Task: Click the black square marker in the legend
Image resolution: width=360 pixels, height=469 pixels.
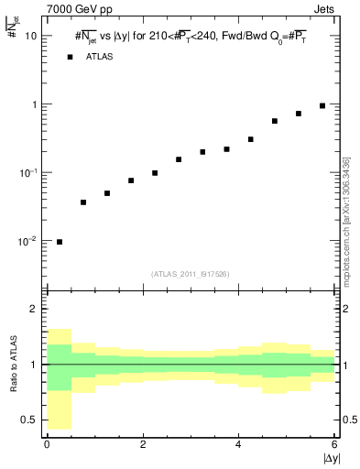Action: point(70,57)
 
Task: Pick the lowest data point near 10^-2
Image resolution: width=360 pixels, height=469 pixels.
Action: point(60,242)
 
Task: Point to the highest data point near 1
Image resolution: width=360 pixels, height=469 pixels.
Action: point(322,105)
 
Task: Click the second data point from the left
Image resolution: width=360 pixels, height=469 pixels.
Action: point(83,202)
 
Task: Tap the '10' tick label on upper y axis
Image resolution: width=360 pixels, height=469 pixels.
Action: point(30,36)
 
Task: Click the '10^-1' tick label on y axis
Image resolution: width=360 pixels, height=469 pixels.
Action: point(27,172)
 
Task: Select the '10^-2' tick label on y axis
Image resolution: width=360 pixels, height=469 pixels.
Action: point(27,241)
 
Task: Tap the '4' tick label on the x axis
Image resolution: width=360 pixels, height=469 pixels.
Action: point(238,444)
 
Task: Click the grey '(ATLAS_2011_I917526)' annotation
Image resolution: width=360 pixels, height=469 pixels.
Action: point(191,274)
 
